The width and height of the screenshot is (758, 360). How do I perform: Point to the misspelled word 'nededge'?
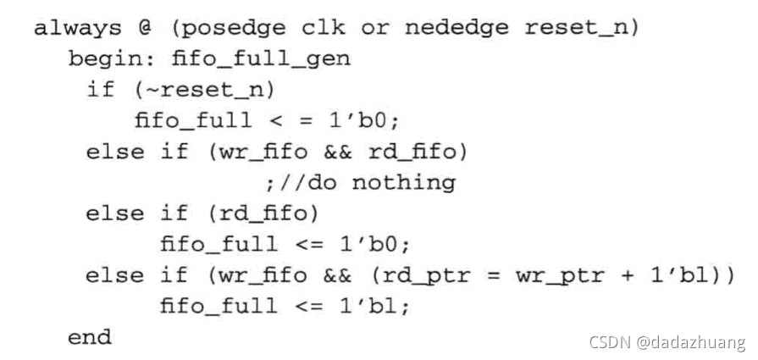[x=456, y=28]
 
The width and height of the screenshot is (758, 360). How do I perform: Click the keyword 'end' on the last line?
[x=90, y=337]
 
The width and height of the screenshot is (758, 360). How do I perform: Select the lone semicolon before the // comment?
[x=269, y=182]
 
